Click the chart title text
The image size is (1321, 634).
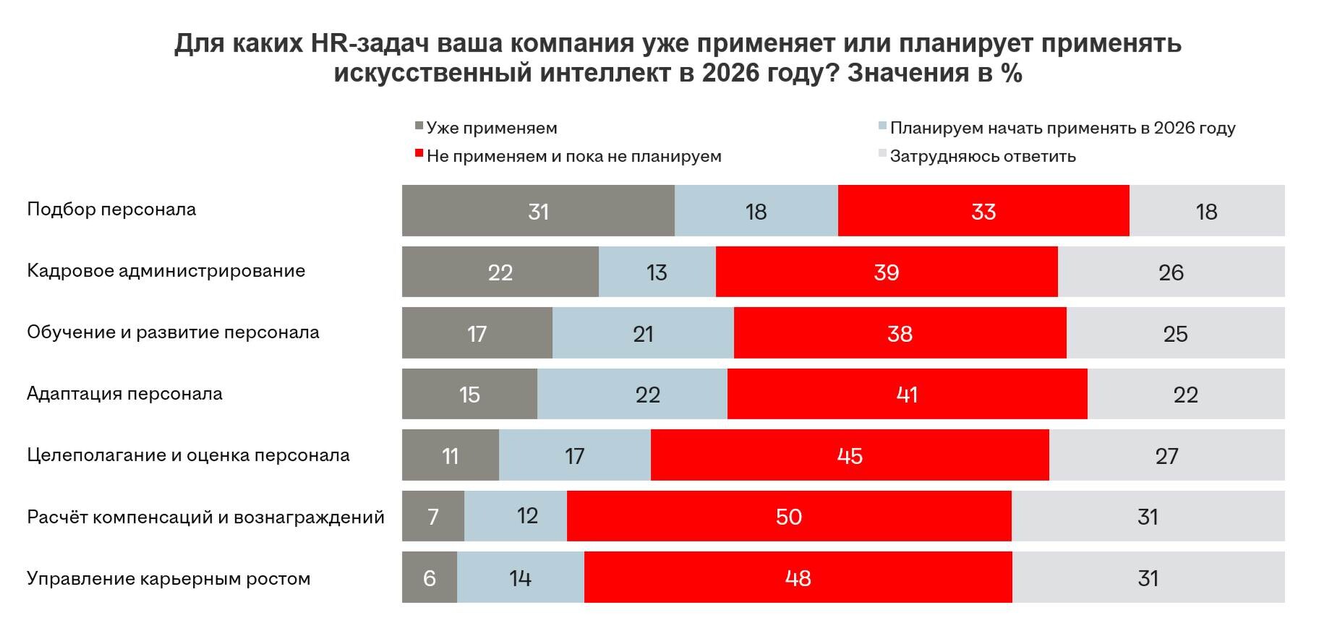[677, 58]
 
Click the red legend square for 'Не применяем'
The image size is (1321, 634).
[419, 153]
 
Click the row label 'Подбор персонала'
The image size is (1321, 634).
[111, 210]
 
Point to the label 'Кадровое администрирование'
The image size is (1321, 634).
[166, 271]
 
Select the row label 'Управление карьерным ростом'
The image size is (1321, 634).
[168, 578]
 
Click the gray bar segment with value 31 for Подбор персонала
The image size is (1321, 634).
[538, 210]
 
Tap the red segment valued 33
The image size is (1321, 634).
[983, 210]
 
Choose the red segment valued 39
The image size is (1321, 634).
[886, 272]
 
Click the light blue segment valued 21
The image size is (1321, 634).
[643, 333]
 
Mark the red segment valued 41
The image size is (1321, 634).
[907, 394]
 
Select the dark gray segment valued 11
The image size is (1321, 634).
[450, 455]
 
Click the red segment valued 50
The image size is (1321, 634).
[788, 516]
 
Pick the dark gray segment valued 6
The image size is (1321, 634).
[429, 578]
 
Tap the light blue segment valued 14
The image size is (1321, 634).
[520, 578]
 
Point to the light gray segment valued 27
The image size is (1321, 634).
[1166, 455]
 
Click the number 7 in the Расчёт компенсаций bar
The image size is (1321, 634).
[433, 516]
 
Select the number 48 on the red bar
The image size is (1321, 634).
[798, 578]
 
